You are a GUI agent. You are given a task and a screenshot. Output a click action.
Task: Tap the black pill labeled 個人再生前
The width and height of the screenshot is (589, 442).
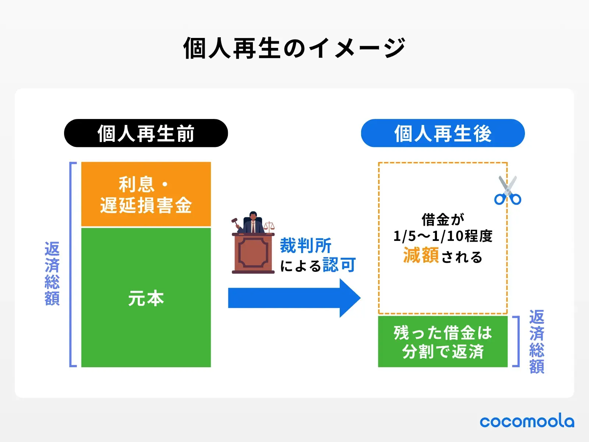click(x=146, y=133)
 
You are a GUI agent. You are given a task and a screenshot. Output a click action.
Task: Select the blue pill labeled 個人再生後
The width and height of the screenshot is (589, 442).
click(x=442, y=133)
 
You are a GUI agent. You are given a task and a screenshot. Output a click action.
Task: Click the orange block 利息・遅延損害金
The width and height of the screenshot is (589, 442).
click(x=146, y=194)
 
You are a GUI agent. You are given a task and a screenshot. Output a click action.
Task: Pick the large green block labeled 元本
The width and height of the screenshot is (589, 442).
click(x=146, y=298)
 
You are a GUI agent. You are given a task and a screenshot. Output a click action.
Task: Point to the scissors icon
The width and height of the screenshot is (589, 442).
click(x=508, y=191)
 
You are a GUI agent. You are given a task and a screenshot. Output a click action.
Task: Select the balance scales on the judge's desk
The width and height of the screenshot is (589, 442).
click(x=269, y=225)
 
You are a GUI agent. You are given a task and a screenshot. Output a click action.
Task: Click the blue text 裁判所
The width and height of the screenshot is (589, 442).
click(x=306, y=245)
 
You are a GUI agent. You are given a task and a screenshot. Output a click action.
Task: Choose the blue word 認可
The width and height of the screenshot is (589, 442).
click(x=339, y=264)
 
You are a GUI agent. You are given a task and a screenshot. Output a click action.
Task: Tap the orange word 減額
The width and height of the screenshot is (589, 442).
click(x=421, y=255)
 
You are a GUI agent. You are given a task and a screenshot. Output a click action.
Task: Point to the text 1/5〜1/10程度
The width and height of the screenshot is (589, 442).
click(x=442, y=236)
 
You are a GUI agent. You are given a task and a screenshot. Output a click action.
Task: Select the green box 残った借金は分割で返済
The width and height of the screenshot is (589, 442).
click(x=442, y=341)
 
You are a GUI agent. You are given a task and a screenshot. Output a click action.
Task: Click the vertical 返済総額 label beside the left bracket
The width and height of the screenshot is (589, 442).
click(x=52, y=274)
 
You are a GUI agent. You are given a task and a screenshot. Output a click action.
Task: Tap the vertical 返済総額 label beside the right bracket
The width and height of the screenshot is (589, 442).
click(x=537, y=341)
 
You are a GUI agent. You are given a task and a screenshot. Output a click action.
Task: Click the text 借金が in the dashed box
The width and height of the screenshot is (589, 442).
click(x=442, y=220)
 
